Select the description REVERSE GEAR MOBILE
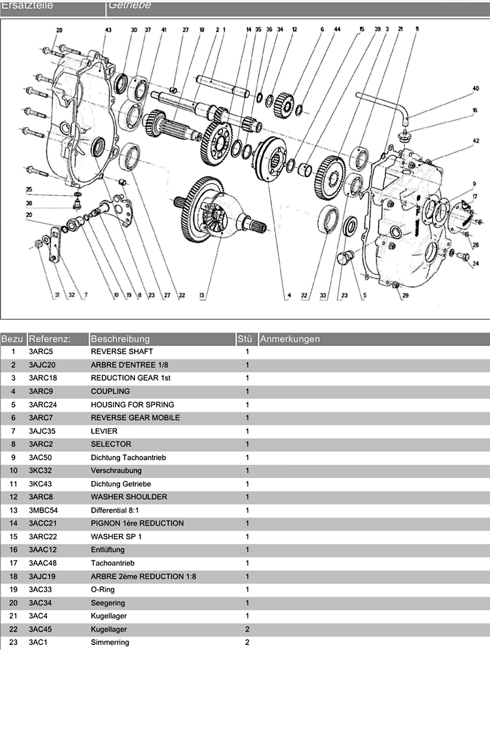coord(135,418)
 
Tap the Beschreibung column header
coord(120,339)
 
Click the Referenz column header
coord(50,339)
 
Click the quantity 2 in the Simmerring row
coord(247,643)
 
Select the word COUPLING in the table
coord(110,391)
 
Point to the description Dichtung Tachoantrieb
coord(128,458)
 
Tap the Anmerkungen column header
coord(289,339)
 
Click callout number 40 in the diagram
coord(475,88)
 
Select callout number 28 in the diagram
coord(59,30)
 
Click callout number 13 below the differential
coord(202,295)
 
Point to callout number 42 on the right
coord(476,141)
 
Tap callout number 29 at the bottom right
coord(404,295)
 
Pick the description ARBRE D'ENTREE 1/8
coord(129,365)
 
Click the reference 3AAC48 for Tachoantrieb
coord(43,563)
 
